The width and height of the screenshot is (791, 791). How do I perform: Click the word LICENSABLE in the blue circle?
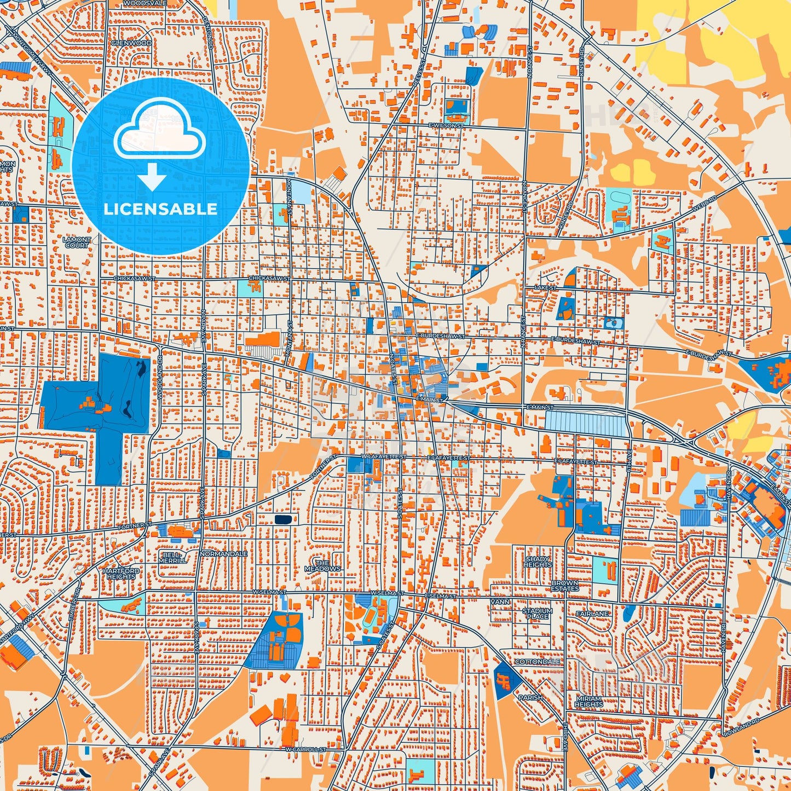(x=160, y=209)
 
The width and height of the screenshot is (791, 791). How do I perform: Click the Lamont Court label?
(x=77, y=243)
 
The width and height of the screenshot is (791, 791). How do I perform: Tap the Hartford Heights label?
(x=121, y=573)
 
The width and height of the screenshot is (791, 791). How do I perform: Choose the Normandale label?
(x=223, y=554)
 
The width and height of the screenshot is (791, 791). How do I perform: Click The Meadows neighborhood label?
(x=322, y=566)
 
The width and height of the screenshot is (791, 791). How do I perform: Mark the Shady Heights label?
(x=538, y=562)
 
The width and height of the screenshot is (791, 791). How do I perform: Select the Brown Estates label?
(x=565, y=586)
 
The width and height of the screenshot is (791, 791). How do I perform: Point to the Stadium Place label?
(x=538, y=613)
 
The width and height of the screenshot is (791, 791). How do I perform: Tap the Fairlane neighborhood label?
(x=592, y=614)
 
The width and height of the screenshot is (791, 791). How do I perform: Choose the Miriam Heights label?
(x=588, y=701)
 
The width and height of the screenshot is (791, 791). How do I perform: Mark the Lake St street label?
(x=545, y=288)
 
